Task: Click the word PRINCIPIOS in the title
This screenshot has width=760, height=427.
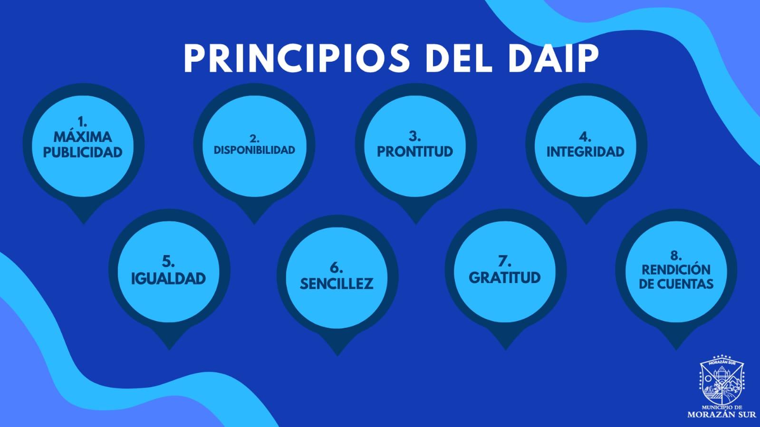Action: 297,58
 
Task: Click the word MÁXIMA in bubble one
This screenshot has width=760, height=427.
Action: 83,137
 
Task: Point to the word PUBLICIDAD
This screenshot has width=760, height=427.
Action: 83,152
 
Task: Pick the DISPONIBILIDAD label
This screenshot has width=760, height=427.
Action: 254,150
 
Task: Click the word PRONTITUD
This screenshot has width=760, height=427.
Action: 415,152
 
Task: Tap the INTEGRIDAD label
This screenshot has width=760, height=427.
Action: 585,152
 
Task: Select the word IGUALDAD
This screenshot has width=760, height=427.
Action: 168,278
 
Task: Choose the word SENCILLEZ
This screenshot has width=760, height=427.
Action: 337,284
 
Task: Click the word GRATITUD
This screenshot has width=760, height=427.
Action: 504,277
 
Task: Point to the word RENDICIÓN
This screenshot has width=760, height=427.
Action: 676,270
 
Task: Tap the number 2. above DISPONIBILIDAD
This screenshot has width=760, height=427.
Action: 254,138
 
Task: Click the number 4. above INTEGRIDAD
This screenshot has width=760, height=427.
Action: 585,137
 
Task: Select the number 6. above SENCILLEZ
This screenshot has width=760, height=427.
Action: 336,268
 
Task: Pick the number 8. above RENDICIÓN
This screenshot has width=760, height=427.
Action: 676,255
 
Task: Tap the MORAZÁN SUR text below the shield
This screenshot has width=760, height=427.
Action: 722,415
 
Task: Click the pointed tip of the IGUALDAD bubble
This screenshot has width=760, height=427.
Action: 169,350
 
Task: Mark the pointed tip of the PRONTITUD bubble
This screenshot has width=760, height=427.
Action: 416,224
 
